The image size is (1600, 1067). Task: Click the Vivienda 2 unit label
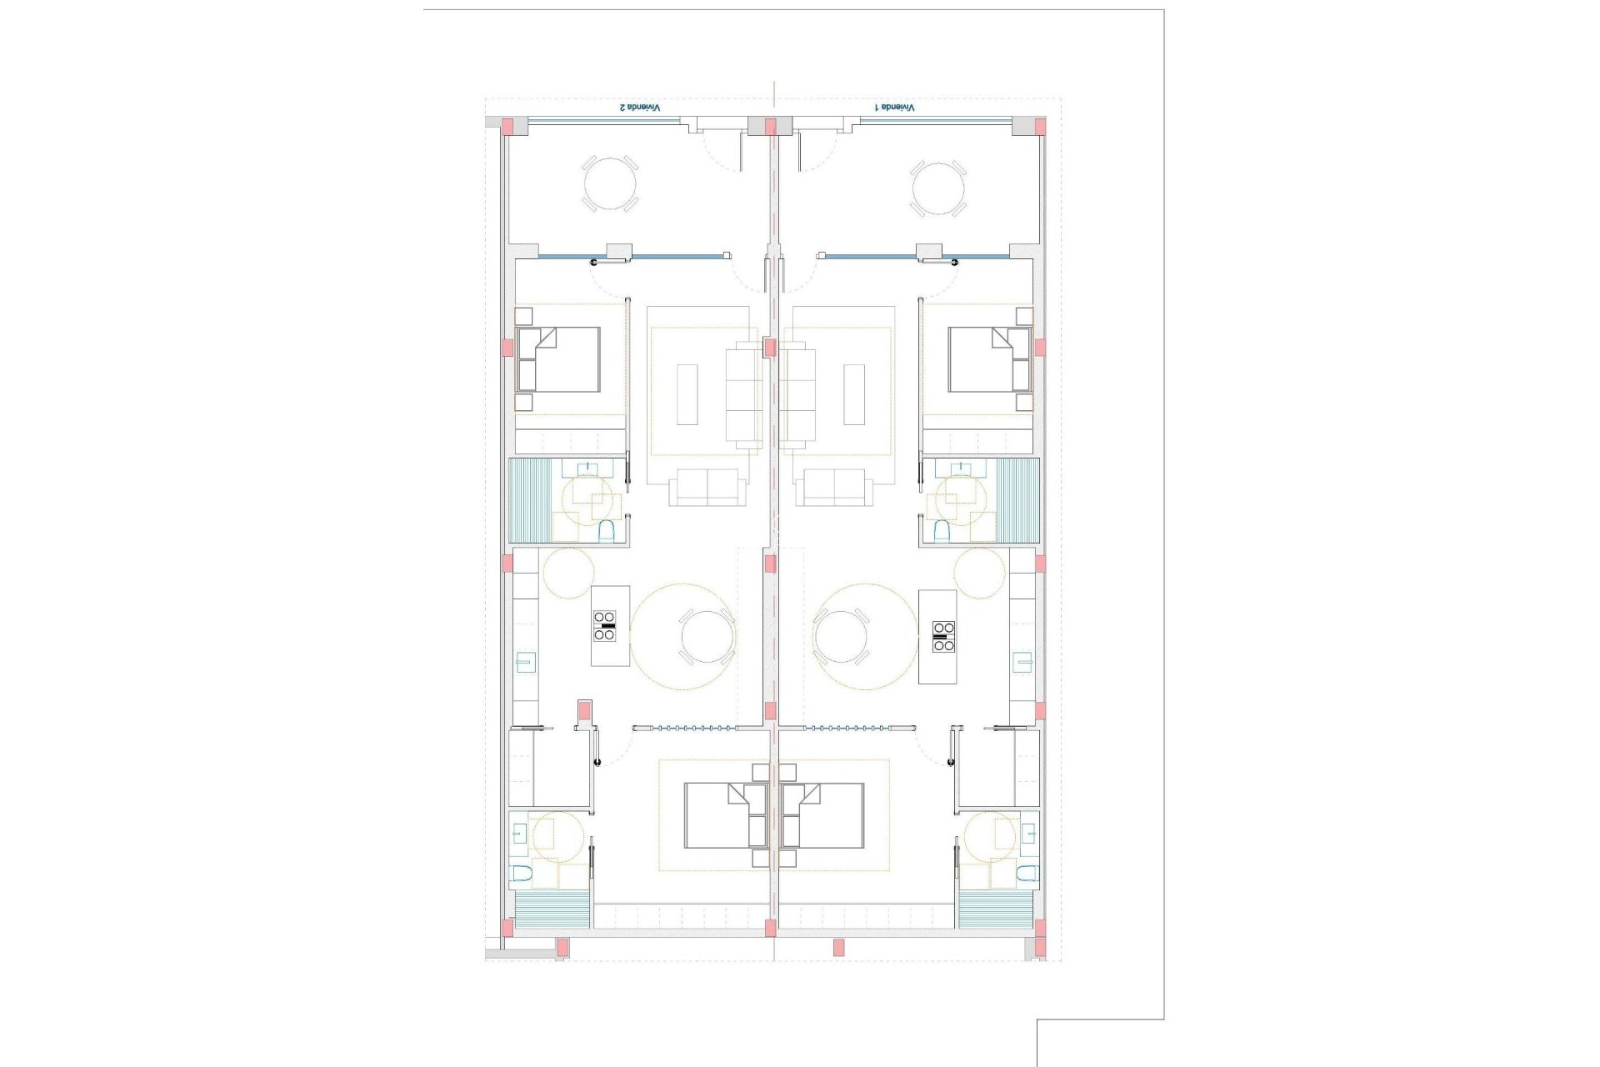pyautogui.click(x=639, y=108)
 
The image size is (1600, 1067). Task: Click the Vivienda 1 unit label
pyautogui.click(x=894, y=108)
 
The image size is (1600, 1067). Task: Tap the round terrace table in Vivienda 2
pyautogui.click(x=609, y=183)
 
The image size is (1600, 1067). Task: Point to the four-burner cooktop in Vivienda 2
pyautogui.click(x=605, y=625)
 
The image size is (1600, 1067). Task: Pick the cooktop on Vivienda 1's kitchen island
pyautogui.click(x=943, y=636)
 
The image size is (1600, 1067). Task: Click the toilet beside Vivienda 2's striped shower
pyautogui.click(x=607, y=531)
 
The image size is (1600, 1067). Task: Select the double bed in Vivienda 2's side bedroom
pyautogui.click(x=558, y=359)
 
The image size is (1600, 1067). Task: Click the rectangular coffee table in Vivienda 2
pyautogui.click(x=687, y=394)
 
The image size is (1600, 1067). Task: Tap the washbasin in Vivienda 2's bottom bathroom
pyautogui.click(x=519, y=832)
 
